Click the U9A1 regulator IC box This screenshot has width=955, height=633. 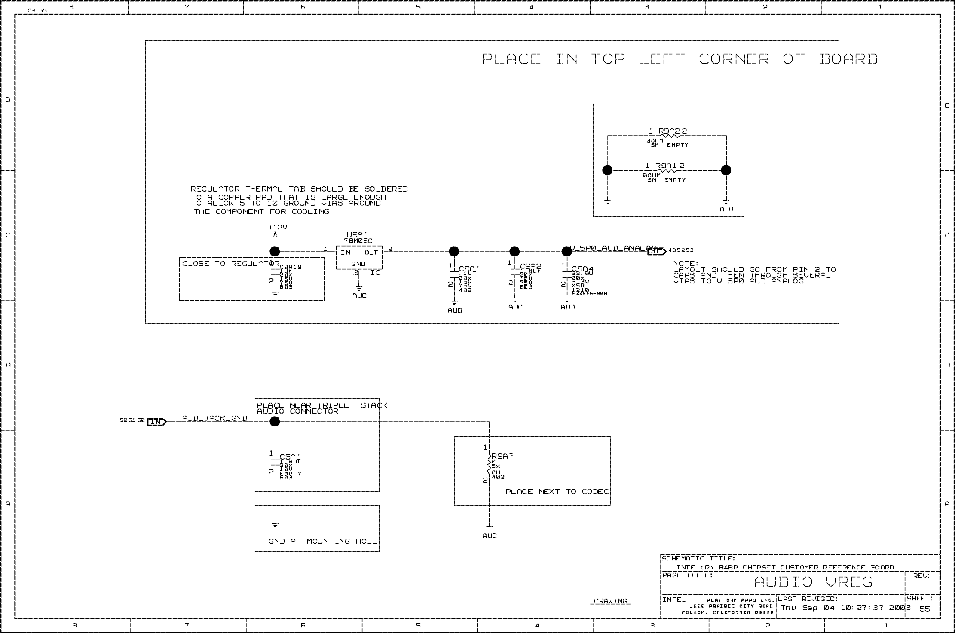(x=359, y=258)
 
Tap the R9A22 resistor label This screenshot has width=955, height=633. (x=669, y=131)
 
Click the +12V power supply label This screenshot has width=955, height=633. (x=278, y=227)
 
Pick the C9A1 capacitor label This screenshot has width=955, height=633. (x=469, y=269)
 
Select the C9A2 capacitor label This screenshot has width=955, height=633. (x=530, y=266)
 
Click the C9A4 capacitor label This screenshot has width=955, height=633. (x=582, y=269)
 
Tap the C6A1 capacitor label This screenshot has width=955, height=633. (x=290, y=457)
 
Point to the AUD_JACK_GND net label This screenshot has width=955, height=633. (x=214, y=418)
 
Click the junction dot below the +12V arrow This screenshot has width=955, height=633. (x=275, y=252)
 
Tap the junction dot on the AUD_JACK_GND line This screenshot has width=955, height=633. (x=275, y=422)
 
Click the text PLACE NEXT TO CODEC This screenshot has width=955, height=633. (x=557, y=492)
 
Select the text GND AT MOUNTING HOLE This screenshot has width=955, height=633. (x=323, y=541)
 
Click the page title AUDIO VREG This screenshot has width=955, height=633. (x=813, y=582)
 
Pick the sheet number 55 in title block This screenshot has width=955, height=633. (x=924, y=609)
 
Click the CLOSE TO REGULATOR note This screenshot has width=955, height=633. (x=230, y=264)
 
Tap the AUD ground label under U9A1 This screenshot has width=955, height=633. (x=359, y=295)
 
